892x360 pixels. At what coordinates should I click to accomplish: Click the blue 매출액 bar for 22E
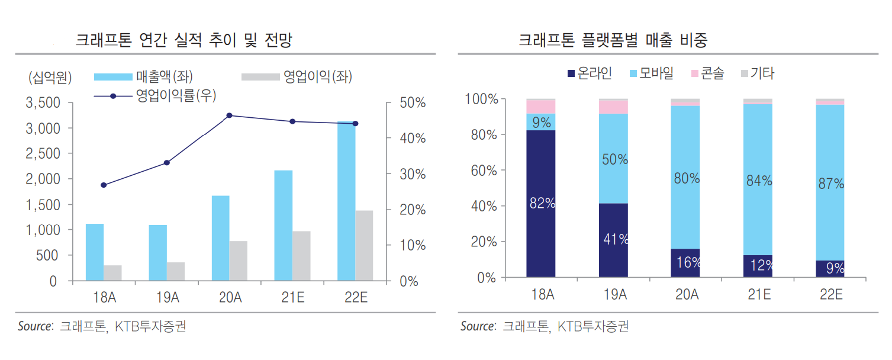(346, 201)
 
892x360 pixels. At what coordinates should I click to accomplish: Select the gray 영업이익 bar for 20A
(239, 261)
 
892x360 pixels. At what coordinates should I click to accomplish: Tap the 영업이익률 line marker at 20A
(230, 115)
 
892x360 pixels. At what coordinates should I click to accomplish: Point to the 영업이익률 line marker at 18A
(104, 185)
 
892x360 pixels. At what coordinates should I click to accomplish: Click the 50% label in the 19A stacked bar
(614, 159)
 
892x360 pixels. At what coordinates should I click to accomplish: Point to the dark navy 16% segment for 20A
(685, 263)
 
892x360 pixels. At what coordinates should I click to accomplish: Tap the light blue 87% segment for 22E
(830, 184)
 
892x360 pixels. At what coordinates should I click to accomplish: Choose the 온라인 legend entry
(589, 73)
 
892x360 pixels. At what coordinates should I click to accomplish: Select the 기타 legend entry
(757, 73)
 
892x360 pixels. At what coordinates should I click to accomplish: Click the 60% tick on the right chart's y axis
(483, 171)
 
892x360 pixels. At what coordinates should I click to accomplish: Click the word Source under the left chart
(35, 326)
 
